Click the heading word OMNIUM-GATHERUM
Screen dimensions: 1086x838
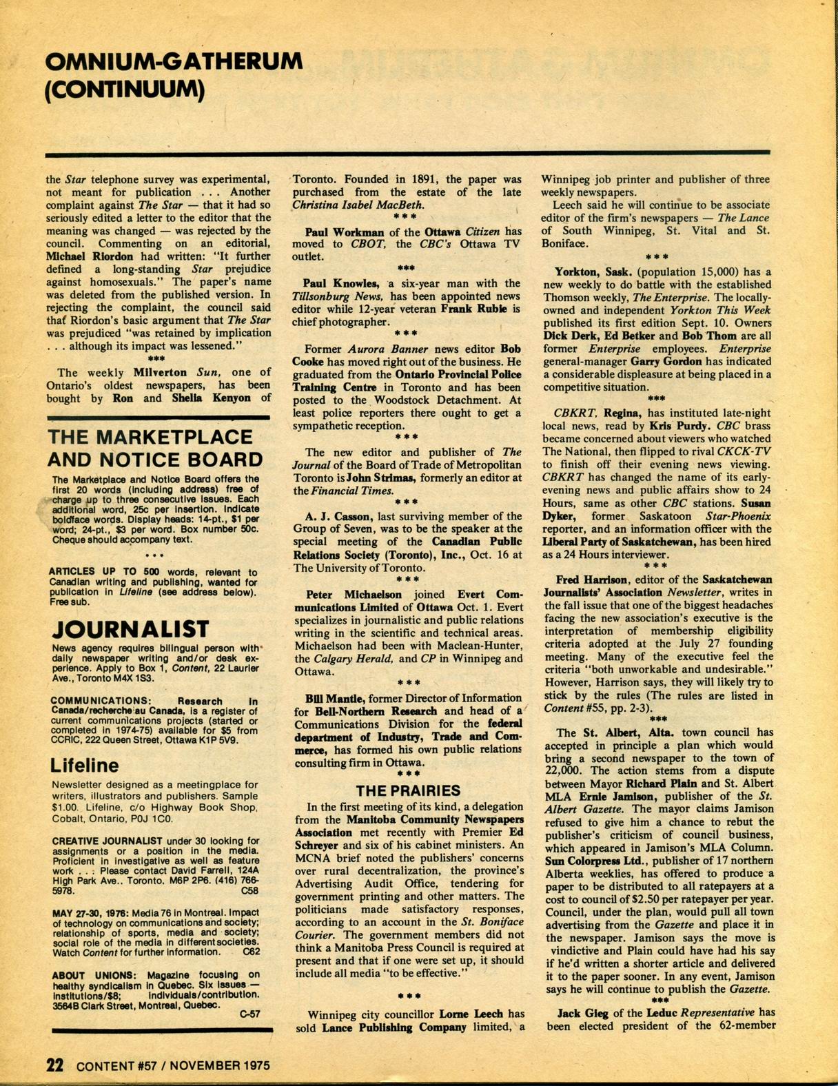(174, 62)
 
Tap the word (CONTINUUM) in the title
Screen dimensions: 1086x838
(125, 90)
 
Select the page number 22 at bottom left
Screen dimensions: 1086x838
(55, 1065)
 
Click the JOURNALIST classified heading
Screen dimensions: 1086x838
(130, 629)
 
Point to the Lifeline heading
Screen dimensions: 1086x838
(84, 766)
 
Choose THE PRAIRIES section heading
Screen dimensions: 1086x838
(407, 790)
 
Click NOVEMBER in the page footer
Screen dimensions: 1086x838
(205, 1065)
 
